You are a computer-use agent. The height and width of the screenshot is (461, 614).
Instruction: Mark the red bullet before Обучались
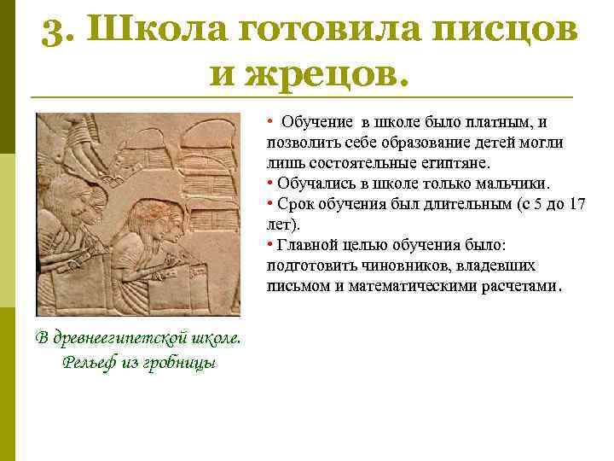pos(269,184)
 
